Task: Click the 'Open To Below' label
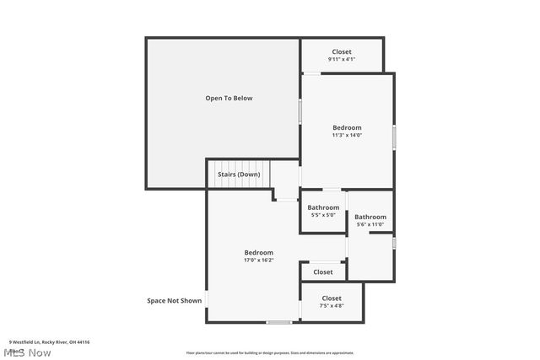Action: [229, 99]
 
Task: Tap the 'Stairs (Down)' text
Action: [239, 175]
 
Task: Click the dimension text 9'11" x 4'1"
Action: [342, 59]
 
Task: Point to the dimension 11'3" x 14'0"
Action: [346, 135]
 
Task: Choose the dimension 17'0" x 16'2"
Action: [258, 261]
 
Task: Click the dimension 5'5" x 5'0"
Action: [323, 215]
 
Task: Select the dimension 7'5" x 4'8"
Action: [332, 306]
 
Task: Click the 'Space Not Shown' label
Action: [175, 300]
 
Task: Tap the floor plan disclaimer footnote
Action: [270, 353]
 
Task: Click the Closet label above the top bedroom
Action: [342, 51]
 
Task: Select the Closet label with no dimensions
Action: [323, 272]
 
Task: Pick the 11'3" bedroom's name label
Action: [346, 127]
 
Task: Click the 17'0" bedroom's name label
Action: [258, 253]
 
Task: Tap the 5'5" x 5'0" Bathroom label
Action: [323, 207]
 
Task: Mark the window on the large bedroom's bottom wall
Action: [278, 322]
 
